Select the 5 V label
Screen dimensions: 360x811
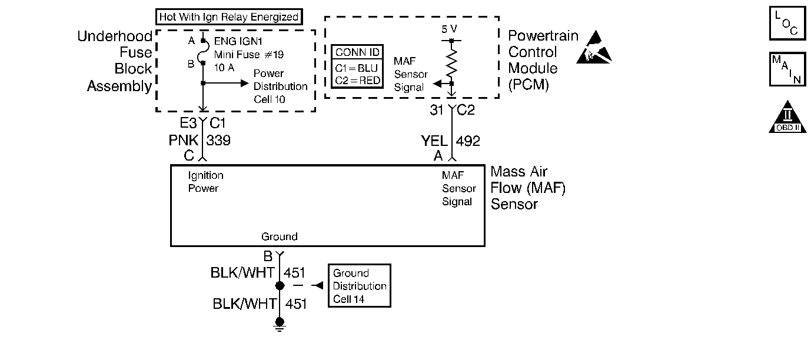click(449, 28)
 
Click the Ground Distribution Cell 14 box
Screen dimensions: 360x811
click(359, 285)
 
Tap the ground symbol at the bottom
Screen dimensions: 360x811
click(280, 324)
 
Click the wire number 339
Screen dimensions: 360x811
click(218, 141)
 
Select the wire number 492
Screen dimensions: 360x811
click(468, 141)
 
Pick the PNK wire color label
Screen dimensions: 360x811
click(184, 141)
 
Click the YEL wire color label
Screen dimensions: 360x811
click(434, 141)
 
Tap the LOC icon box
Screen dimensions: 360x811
click(787, 24)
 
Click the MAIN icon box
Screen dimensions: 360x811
click(787, 69)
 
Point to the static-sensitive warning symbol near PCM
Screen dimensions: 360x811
click(594, 47)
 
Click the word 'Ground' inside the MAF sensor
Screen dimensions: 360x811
click(280, 237)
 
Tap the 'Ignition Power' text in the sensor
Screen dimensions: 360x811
click(205, 182)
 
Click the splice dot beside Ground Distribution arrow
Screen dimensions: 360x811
click(280, 286)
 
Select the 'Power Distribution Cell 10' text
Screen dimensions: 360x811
click(280, 86)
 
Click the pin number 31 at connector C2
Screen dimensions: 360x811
click(437, 109)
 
